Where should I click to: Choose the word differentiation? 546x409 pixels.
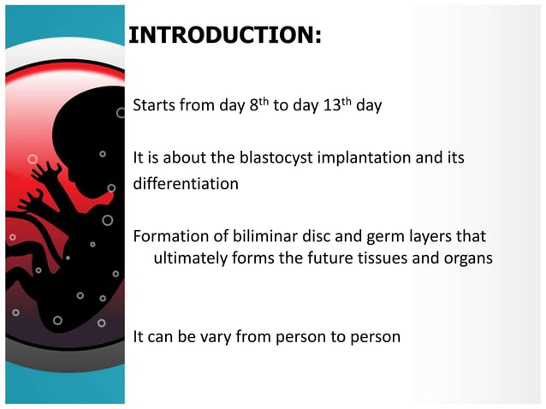(185, 183)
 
